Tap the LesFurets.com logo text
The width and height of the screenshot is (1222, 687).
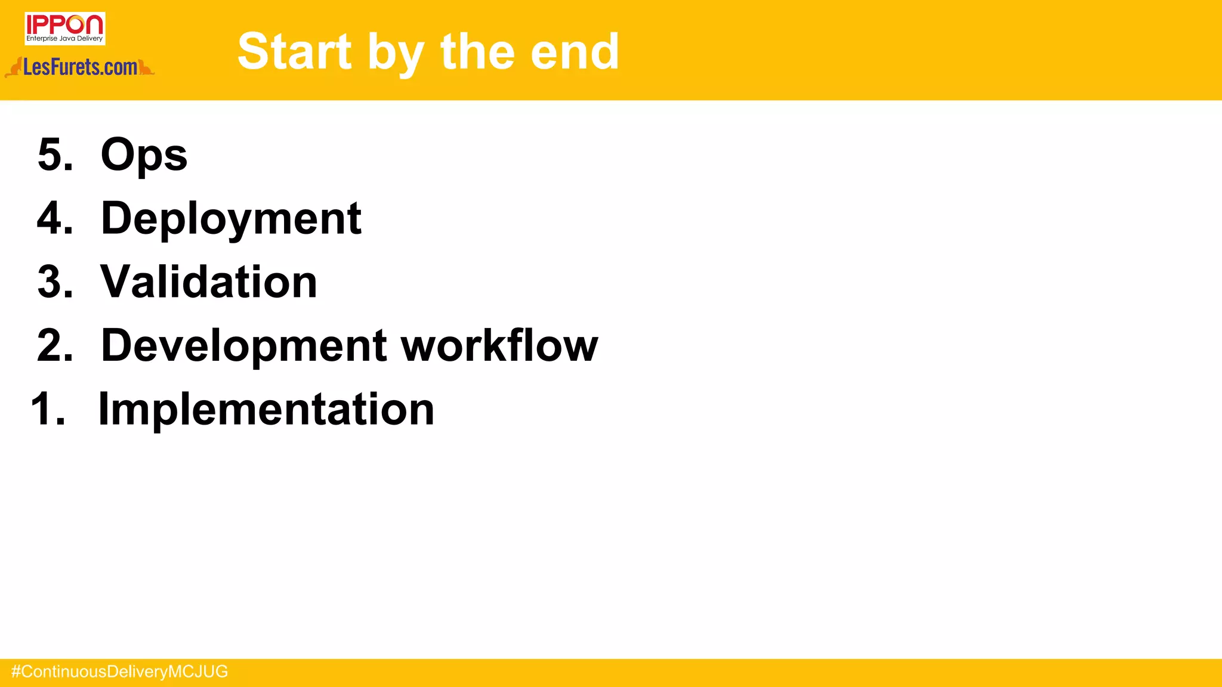(81, 67)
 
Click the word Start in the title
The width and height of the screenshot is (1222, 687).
(295, 52)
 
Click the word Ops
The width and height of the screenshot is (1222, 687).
(144, 155)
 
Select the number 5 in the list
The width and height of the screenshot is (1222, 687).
(51, 154)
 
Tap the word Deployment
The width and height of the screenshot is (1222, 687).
(231, 219)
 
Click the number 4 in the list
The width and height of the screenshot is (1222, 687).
(51, 218)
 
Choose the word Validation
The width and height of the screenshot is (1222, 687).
(209, 282)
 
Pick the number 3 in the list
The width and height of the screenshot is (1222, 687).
(51, 282)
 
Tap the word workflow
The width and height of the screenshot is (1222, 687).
(499, 345)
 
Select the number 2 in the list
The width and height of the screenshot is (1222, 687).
(51, 345)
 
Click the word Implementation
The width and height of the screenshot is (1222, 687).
(266, 409)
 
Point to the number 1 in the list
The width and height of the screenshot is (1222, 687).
(43, 409)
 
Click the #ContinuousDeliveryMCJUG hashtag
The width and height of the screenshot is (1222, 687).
(119, 672)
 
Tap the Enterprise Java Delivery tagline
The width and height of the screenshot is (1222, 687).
(64, 39)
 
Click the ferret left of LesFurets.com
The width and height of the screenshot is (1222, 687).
(14, 68)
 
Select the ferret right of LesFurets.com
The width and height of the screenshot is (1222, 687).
(146, 67)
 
